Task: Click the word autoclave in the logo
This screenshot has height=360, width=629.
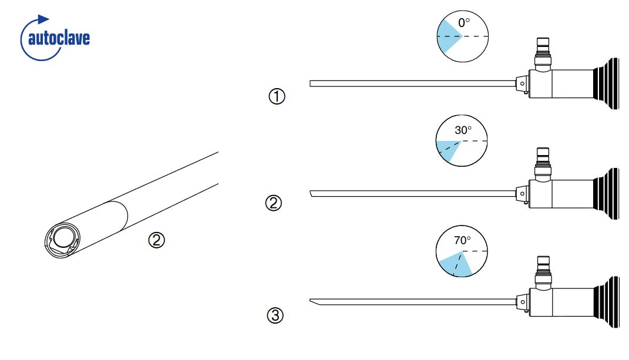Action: pos(59,39)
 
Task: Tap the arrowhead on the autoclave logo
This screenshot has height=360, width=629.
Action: pos(43,19)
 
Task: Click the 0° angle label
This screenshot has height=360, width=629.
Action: pos(464,23)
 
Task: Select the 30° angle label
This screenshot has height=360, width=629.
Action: pos(463,130)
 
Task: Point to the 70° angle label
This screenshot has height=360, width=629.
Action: pos(462,240)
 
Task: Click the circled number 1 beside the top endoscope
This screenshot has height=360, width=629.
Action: pos(277,96)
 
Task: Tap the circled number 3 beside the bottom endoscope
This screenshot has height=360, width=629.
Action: pos(275,315)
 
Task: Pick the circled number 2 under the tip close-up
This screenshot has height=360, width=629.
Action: pos(156,240)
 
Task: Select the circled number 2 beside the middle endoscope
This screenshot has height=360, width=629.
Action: pos(274,203)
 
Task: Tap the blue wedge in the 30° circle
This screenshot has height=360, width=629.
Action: pos(447,149)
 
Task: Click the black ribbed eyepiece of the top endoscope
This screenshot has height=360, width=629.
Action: pos(606,83)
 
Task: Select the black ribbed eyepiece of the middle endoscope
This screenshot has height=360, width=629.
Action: pos(606,194)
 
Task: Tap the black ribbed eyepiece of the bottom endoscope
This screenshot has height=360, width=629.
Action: pos(606,302)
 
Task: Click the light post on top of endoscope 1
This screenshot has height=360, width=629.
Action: pos(543,54)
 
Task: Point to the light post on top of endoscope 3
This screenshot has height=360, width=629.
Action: pos(543,272)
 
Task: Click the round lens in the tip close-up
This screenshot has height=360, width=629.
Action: pos(63,238)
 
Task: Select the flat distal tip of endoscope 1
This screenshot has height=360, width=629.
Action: pos(311,83)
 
